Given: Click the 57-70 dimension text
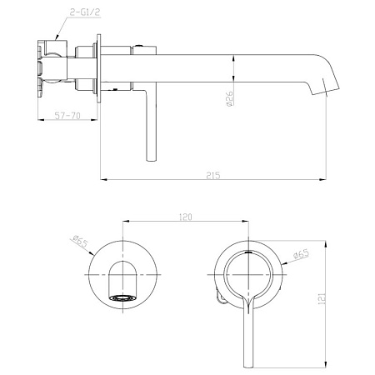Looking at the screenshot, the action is coord(67,115).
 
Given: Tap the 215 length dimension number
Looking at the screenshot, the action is coord(213,176).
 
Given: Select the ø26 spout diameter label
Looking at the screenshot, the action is coord(230,98).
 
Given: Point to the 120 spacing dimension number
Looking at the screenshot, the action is coord(185,217).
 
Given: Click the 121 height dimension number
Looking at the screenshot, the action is coord(322,298).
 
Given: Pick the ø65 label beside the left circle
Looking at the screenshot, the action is coord(80,241).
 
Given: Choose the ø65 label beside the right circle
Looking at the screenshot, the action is coord(301,254).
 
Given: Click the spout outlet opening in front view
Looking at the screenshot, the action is coord(123,298).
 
